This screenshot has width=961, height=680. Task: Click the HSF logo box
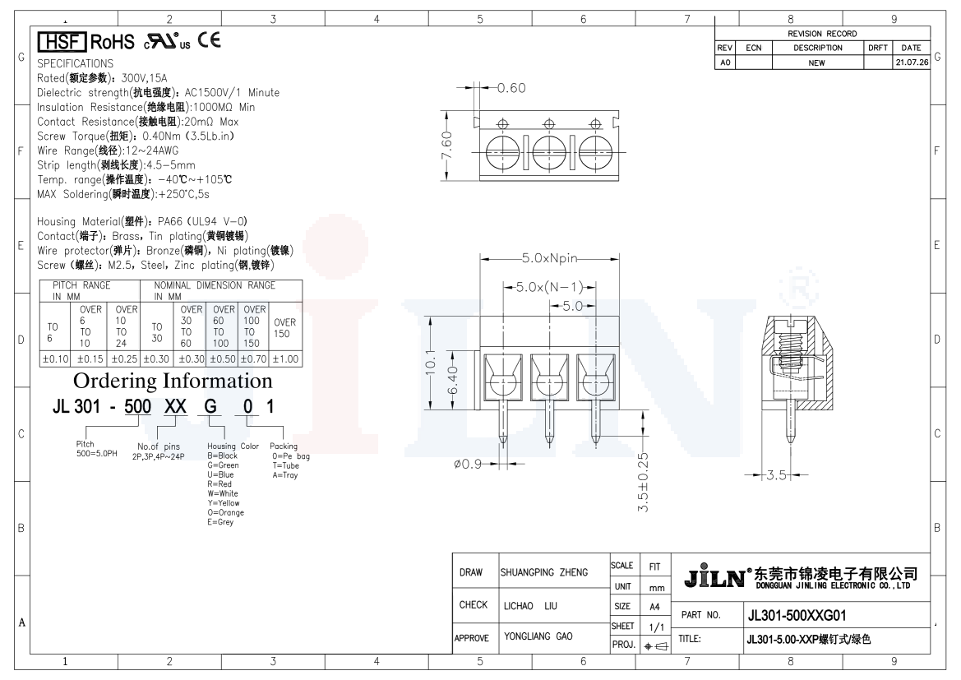tap(62, 42)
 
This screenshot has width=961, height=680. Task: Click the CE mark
tap(209, 40)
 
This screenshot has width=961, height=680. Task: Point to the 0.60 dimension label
tap(511, 88)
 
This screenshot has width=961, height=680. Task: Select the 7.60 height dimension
tap(446, 146)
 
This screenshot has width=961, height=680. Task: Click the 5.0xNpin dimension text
tap(550, 258)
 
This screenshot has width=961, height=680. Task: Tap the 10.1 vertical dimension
tap(431, 363)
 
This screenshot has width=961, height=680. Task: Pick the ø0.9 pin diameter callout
tap(468, 465)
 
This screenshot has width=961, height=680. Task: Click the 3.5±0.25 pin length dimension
tap(643, 483)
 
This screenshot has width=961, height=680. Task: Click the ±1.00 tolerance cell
tap(285, 359)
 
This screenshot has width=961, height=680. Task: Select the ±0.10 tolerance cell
tap(55, 359)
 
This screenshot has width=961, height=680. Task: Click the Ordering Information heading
tap(173, 381)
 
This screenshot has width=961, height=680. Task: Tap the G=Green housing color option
tap(223, 465)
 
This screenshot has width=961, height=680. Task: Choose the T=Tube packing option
tap(285, 465)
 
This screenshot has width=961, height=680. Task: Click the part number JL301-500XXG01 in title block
tap(797, 616)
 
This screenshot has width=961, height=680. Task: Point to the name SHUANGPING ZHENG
tap(544, 572)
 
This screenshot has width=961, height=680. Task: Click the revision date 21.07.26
tap(912, 62)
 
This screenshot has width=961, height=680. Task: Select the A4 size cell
tap(654, 607)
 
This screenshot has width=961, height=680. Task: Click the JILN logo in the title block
tap(714, 576)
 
